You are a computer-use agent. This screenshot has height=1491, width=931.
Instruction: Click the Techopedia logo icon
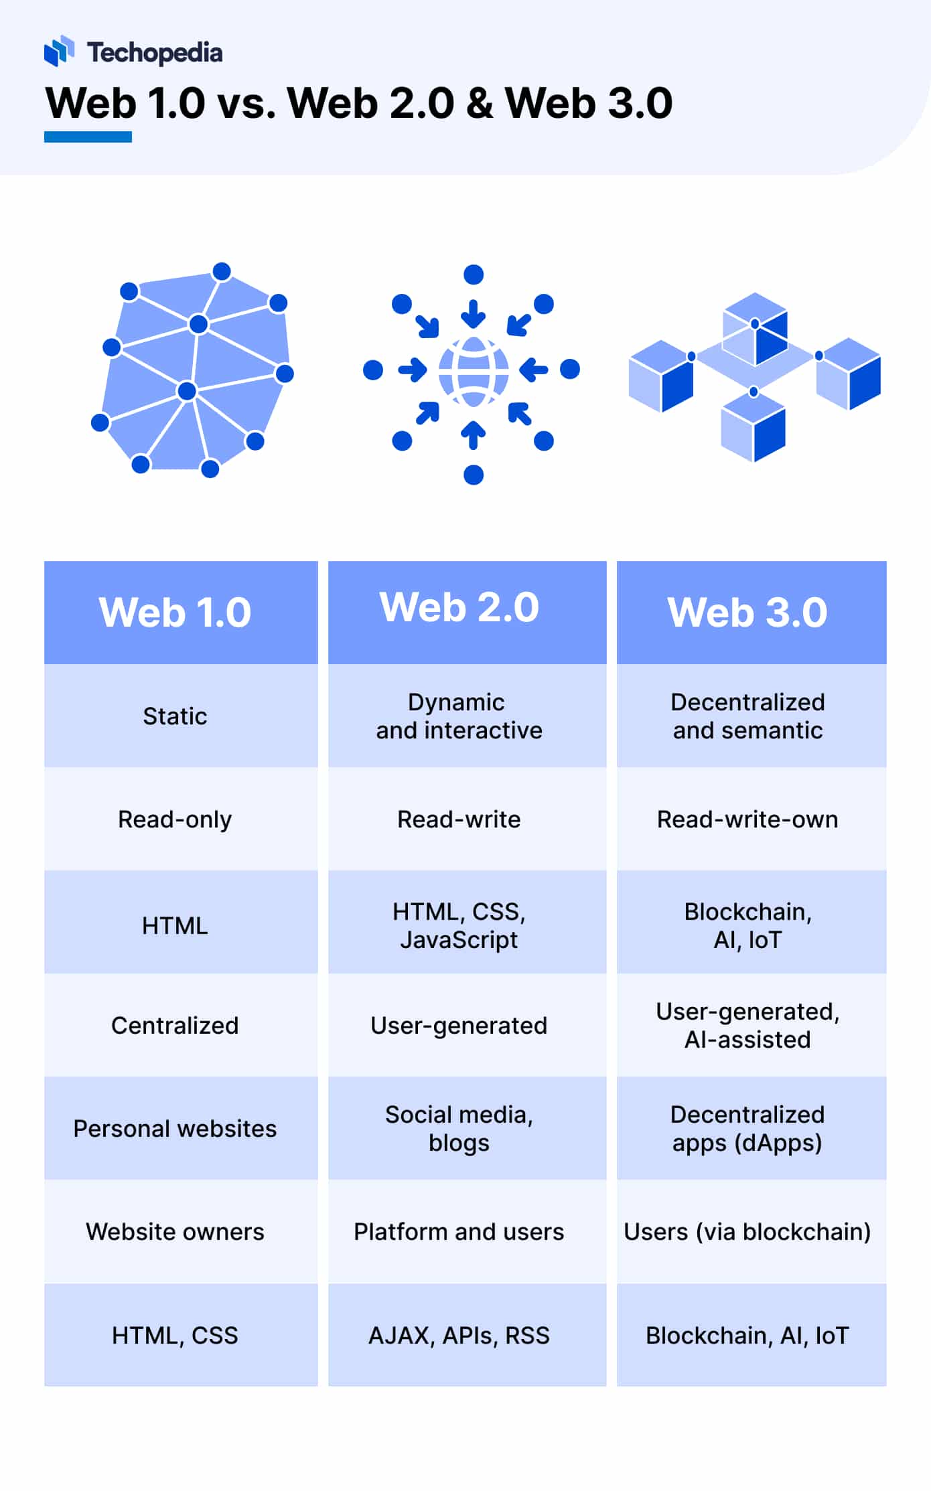coord(59,51)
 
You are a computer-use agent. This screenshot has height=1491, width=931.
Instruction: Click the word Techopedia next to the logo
coord(155,53)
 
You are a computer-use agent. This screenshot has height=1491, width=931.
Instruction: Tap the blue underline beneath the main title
coord(88,137)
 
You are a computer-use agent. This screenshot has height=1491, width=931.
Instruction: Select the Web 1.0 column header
coord(175,612)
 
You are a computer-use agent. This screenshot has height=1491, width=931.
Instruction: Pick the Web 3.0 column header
coord(747,612)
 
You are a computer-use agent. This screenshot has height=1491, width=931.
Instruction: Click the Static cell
coord(175,716)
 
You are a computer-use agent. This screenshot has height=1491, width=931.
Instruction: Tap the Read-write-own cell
coord(747,819)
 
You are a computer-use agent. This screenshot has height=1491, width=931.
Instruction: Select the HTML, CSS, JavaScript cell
coord(459,925)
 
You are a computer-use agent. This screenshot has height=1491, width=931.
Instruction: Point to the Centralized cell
coord(175,1025)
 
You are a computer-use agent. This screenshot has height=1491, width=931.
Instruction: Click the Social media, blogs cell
coord(459,1128)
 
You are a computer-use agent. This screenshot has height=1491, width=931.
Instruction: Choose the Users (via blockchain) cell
coord(747,1231)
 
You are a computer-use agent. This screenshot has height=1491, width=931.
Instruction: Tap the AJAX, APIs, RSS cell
coord(459,1335)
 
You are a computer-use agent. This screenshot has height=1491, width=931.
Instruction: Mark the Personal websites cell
coord(175,1128)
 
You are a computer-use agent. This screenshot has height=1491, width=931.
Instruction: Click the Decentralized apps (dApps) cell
coord(747,1128)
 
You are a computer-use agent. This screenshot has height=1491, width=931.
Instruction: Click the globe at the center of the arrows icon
coord(474,372)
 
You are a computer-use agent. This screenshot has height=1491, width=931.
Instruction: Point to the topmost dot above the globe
coord(474,274)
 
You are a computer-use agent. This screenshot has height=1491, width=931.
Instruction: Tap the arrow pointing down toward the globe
coord(474,313)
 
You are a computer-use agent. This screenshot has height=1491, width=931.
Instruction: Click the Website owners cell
coord(175,1231)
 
